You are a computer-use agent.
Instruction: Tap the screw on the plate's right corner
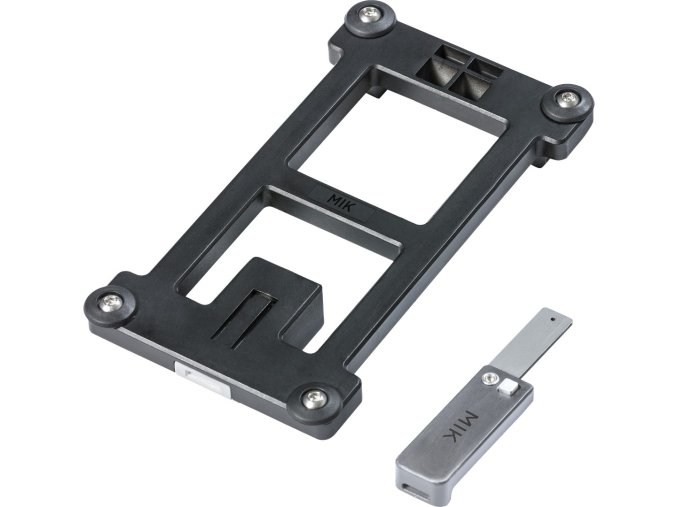pyautogui.click(x=569, y=98)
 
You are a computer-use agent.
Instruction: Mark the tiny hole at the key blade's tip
pyautogui.click(x=550, y=322)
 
